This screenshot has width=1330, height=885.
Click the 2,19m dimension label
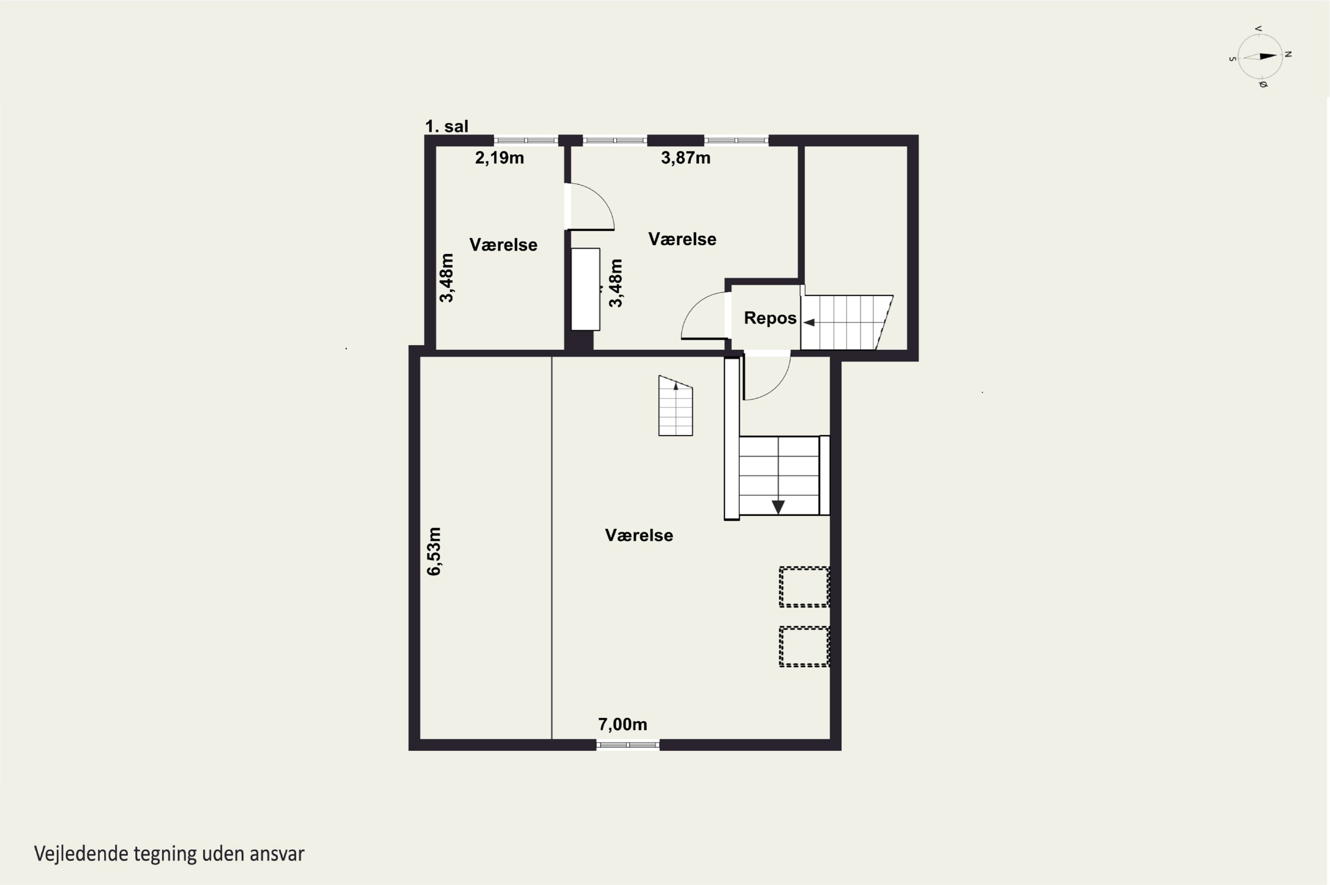499,158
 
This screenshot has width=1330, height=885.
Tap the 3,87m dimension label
685,158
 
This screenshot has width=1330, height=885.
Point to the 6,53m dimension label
434,552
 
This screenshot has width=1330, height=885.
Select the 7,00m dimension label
622,724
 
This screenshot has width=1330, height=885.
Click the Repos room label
770,318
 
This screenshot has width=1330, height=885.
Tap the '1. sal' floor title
446,126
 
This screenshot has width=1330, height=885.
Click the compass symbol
1260,56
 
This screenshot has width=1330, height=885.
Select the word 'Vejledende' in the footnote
81,854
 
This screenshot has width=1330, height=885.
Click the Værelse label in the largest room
639,535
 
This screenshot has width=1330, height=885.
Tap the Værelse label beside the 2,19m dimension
503,245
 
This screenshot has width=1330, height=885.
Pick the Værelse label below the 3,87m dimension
682,239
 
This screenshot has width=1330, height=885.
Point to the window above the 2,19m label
526,141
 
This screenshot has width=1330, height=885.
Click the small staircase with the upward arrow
676,406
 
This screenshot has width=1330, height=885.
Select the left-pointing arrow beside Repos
809,323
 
